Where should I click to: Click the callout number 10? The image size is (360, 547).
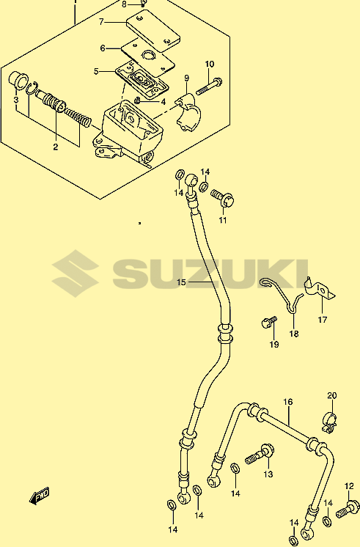(209, 65)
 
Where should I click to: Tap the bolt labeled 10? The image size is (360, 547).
(209, 87)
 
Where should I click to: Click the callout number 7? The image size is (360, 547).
(101, 22)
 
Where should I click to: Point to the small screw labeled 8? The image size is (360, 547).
(143, 4)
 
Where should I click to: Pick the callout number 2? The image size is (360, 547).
(56, 147)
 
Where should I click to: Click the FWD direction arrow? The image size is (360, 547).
(39, 496)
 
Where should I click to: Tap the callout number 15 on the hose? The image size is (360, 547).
(181, 282)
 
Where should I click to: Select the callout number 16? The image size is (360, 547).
(288, 402)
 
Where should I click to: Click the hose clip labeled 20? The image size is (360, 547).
(328, 422)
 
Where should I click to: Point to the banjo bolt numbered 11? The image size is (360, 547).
(223, 198)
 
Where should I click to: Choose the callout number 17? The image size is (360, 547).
(323, 319)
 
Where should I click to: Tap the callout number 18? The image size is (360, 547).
(294, 334)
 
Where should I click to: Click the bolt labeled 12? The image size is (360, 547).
(348, 509)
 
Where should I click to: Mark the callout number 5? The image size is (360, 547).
(96, 72)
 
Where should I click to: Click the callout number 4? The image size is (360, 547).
(163, 102)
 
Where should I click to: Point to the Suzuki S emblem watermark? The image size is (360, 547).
(75, 273)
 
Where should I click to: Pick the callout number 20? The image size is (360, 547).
(332, 396)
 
